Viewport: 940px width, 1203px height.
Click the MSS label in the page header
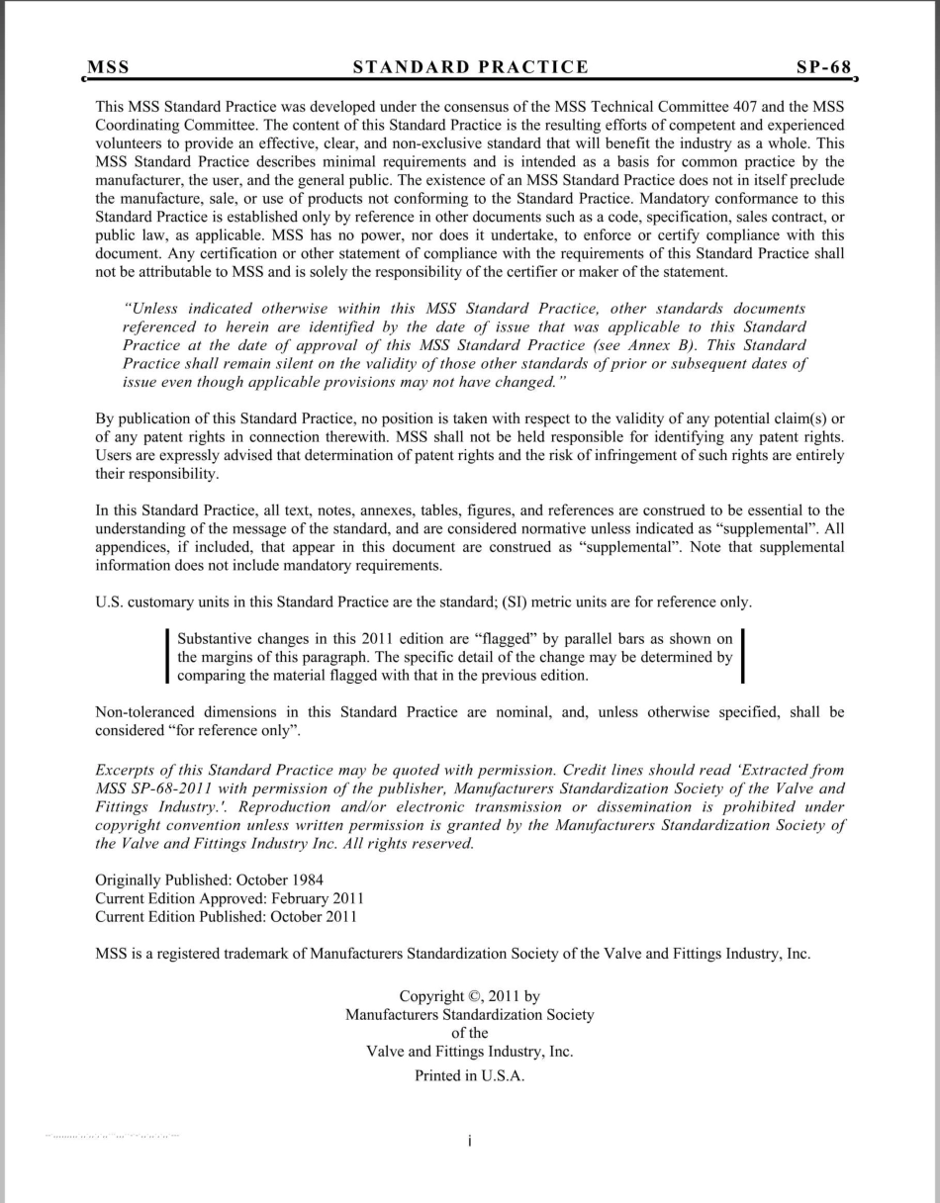tap(109, 67)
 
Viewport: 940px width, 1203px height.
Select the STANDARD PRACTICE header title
tap(471, 67)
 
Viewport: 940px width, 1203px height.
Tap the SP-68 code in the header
tap(824, 67)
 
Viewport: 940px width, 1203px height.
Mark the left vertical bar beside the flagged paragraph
tap(166, 657)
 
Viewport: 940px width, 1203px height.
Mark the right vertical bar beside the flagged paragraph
tap(743, 657)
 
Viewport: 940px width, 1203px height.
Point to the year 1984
tap(304, 879)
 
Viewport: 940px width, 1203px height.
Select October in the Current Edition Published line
tap(291, 916)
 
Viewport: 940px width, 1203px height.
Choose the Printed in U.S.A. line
tap(469, 1075)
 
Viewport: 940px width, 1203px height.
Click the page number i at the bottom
tap(469, 1141)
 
